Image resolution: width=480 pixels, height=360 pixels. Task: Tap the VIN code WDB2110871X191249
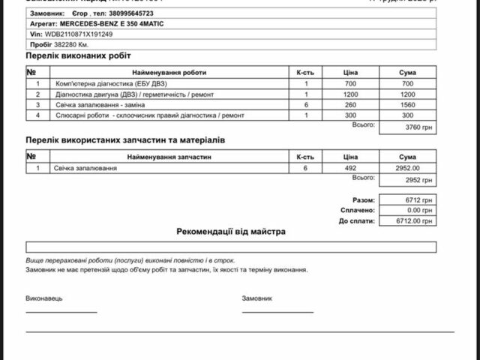(x=78, y=34)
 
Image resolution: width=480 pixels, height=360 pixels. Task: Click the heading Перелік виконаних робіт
(x=79, y=56)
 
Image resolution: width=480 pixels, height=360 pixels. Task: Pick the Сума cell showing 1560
(x=407, y=105)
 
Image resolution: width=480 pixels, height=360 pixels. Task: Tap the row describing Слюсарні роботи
(x=149, y=115)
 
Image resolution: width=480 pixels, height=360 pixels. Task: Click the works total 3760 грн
(x=407, y=128)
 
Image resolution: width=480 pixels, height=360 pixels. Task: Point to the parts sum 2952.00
(x=407, y=168)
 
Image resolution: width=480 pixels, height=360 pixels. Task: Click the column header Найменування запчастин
(x=169, y=157)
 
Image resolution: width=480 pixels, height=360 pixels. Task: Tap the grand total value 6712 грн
(x=407, y=201)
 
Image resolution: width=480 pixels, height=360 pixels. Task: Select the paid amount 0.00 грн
(x=407, y=211)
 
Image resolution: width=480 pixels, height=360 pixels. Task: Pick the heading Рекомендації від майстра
(x=231, y=232)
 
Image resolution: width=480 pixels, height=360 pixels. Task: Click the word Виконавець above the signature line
(x=44, y=298)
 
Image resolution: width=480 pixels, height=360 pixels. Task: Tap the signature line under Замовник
(x=277, y=311)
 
